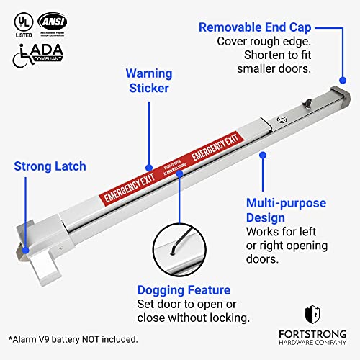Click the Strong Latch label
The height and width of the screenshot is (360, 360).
(50, 166)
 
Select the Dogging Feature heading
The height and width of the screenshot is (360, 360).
(184, 290)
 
